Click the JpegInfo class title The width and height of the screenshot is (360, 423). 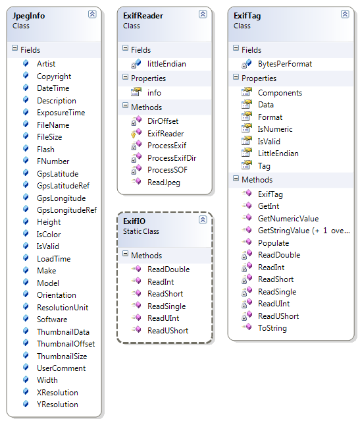point(28,16)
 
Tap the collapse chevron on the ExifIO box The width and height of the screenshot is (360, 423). point(203,219)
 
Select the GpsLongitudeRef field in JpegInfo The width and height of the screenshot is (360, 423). point(66,210)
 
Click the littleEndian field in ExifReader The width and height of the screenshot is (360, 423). point(167,64)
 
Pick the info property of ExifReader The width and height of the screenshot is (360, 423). point(154,93)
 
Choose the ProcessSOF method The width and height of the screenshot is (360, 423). point(167,170)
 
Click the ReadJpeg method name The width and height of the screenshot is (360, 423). point(164,183)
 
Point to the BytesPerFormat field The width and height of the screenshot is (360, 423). point(285,64)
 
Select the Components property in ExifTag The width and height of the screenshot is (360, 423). point(280,93)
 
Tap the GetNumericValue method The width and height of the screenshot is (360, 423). point(288,219)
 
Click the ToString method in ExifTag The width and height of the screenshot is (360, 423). point(272,328)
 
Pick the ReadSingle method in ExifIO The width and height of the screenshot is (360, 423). point(167,306)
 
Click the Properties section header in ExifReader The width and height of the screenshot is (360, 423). point(148,78)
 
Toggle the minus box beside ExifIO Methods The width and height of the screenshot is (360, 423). point(125,253)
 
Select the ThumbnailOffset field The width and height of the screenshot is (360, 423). point(66,344)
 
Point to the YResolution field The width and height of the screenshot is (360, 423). point(57,405)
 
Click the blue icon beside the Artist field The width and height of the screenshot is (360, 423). point(26,63)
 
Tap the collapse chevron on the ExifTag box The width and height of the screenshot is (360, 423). point(345,14)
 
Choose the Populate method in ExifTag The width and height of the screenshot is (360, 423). point(273,243)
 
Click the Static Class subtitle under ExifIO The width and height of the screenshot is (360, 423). point(141,231)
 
